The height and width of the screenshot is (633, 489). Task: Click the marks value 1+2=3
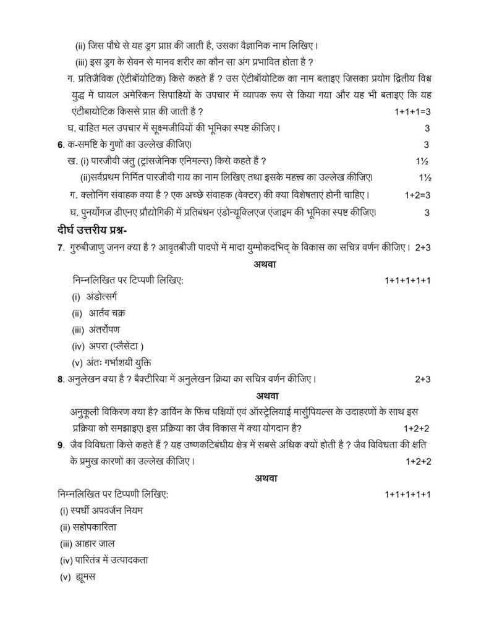click(417, 195)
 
